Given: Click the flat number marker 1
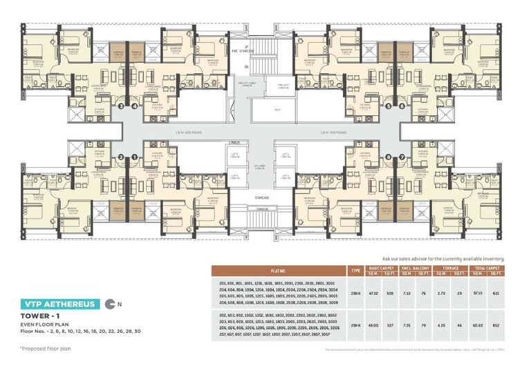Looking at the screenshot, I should [x=133, y=157].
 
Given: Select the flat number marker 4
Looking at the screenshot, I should [x=133, y=106].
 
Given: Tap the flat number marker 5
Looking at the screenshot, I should [x=388, y=106].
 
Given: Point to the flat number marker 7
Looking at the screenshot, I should [x=401, y=157].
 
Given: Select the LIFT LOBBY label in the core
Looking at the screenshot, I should [x=261, y=166].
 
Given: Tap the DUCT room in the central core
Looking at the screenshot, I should [x=277, y=110].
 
